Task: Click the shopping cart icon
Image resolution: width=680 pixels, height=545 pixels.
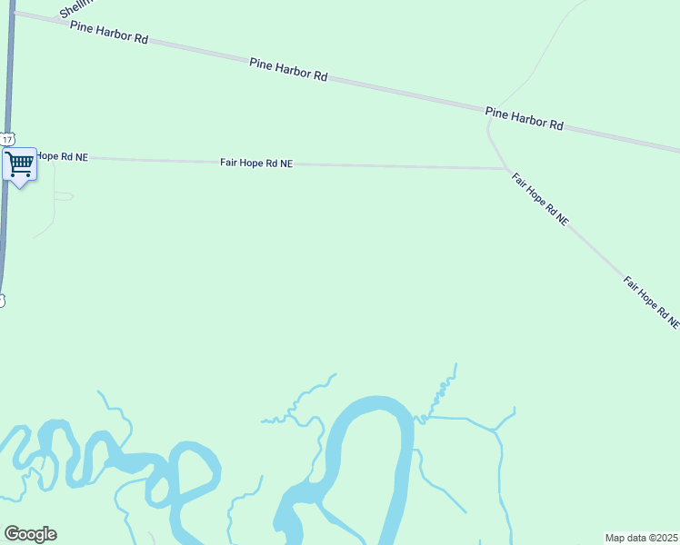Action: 19,164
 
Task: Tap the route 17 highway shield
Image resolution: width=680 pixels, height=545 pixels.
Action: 7,139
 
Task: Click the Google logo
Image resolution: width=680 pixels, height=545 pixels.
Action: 30,534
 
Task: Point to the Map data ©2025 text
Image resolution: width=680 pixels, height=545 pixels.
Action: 642,538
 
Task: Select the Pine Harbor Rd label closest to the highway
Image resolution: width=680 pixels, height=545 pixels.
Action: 108,34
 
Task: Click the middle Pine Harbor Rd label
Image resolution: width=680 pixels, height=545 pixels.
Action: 288,69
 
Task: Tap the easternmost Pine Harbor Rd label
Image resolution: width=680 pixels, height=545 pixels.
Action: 524,118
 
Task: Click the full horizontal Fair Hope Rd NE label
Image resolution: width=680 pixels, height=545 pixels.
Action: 256,163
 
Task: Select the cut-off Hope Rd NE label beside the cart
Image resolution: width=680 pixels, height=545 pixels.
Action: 62,157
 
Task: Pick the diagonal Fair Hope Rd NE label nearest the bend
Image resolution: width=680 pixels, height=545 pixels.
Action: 540,199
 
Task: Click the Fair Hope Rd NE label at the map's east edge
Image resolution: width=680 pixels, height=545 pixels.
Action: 651,302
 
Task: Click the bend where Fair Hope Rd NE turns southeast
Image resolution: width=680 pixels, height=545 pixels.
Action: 505,168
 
